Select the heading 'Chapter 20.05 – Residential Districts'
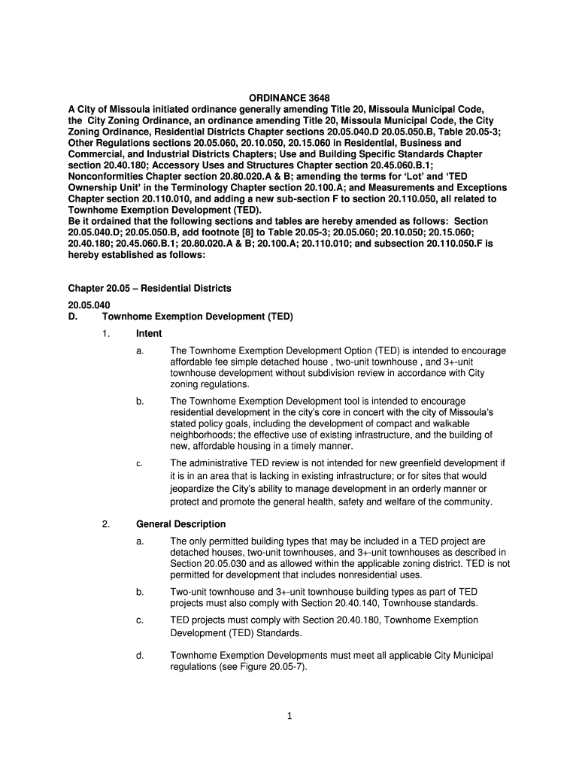coord(150,289)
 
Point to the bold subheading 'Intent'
coord(149,334)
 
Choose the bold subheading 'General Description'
coord(180,524)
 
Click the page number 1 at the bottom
coord(289,716)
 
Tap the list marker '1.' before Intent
coord(106,334)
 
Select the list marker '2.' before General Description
coord(106,524)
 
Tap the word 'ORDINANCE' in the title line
coord(272,98)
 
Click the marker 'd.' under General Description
coord(140,656)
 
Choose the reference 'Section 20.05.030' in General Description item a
coord(207,564)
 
